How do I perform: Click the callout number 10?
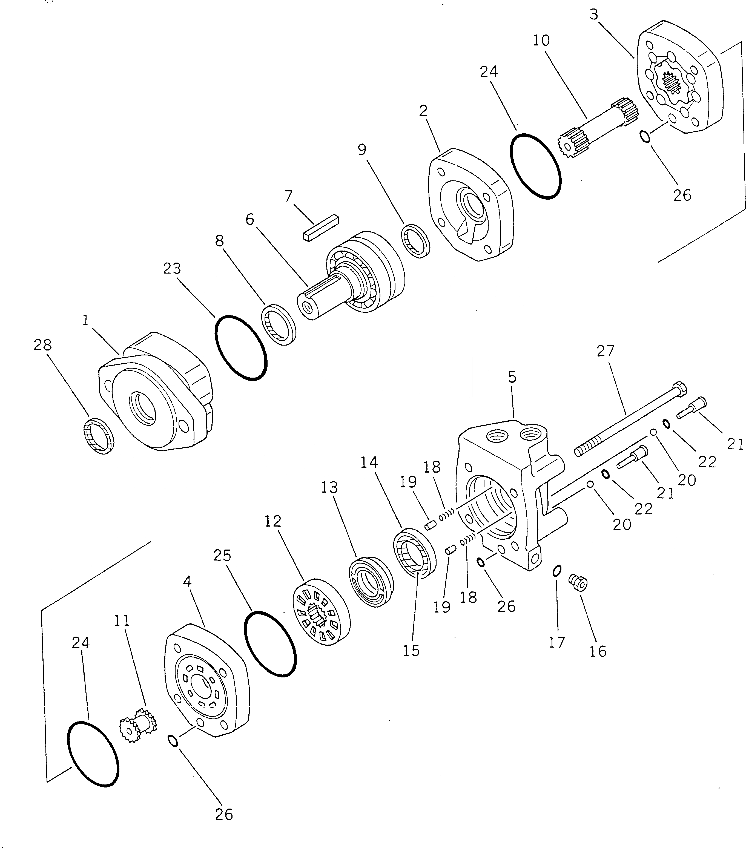pyautogui.click(x=541, y=40)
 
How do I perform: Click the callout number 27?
pyautogui.click(x=605, y=351)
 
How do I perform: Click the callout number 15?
pyautogui.click(x=411, y=651)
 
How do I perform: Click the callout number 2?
pyautogui.click(x=423, y=111)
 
